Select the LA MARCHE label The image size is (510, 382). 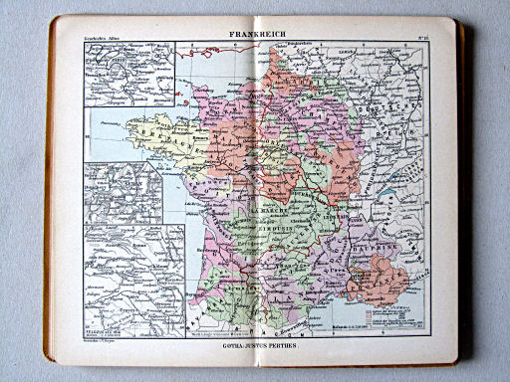pyautogui.click(x=243, y=211)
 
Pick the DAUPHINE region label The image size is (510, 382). pyautogui.click(x=378, y=241)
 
